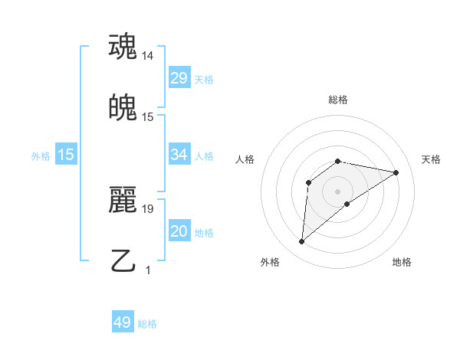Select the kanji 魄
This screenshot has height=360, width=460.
tap(123, 109)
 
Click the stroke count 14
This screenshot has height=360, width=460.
tap(148, 56)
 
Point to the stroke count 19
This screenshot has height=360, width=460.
tap(148, 208)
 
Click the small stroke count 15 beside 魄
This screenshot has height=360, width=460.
tap(148, 117)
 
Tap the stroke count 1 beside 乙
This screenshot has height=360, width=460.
tap(148, 269)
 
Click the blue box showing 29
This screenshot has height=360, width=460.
tap(179, 78)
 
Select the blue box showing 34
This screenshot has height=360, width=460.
tap(179, 155)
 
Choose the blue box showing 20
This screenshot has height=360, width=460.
tap(179, 231)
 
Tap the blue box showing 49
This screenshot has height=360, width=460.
tap(123, 322)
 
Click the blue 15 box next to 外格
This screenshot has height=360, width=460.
tap(66, 155)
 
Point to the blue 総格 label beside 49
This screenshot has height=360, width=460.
tap(147, 324)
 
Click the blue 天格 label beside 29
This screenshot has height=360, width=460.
tap(204, 80)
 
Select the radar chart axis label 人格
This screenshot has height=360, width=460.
tap(245, 159)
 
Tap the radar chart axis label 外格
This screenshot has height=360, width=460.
tap(270, 262)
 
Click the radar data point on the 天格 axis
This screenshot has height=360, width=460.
tap(396, 172)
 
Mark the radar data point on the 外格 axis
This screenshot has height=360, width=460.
tap(301, 242)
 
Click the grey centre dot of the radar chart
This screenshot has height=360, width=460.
tap(337, 191)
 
